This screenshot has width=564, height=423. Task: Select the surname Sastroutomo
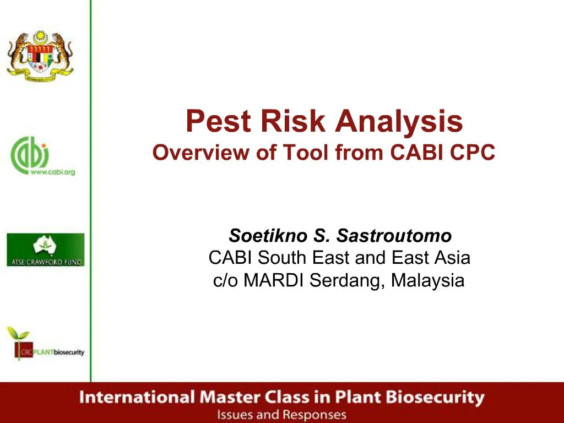[x=394, y=236]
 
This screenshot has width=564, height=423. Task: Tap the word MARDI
[x=274, y=281]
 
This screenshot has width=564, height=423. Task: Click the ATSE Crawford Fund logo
[x=46, y=250]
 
